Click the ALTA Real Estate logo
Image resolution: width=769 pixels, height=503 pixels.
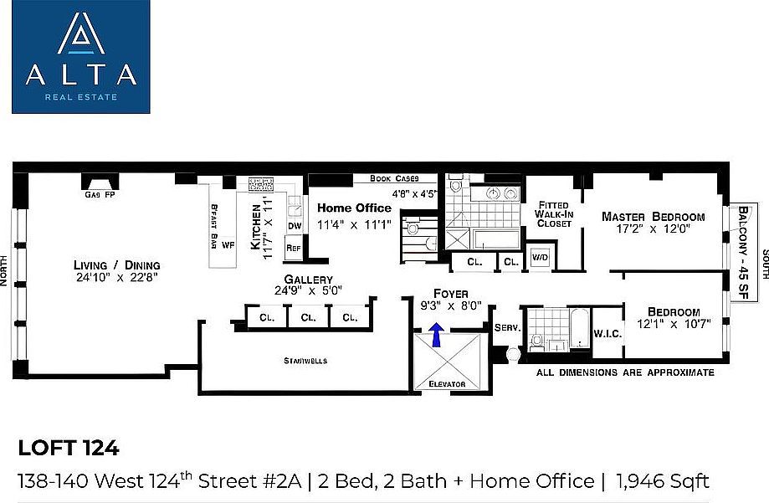[x=81, y=58]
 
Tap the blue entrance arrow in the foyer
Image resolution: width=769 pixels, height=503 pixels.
[x=435, y=334]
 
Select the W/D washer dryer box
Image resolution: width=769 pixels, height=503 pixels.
[x=540, y=258]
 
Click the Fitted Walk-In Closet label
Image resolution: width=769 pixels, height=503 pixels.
[x=552, y=214]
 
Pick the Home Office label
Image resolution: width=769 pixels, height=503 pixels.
[x=354, y=208]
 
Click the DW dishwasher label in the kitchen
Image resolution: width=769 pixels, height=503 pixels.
[x=295, y=226]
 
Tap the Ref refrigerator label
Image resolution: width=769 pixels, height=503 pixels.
[x=294, y=248]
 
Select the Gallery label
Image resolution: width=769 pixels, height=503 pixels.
[x=308, y=280]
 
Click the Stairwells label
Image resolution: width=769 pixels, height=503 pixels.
[x=305, y=361]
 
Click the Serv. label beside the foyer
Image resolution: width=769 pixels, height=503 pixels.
[x=507, y=328]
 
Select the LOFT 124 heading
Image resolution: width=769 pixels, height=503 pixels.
[x=69, y=448]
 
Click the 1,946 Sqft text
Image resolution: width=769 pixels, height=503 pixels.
[x=662, y=480]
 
